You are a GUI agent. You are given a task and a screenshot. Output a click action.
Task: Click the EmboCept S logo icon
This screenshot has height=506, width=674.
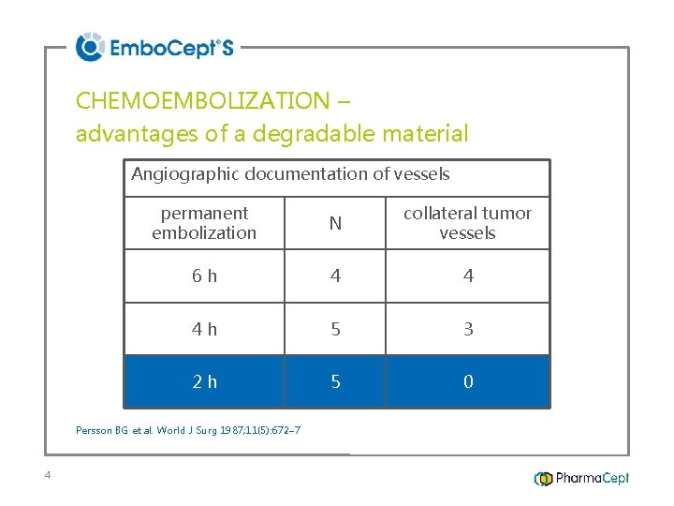tap(90, 47)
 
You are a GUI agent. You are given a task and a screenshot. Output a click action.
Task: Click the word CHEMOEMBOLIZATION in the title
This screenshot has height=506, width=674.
tap(202, 100)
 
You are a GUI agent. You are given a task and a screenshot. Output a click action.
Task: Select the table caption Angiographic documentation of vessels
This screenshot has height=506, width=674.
tap(290, 174)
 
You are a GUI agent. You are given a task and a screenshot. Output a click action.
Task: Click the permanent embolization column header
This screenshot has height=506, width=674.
tap(204, 223)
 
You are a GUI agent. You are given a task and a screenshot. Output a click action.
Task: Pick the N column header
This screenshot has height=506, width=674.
tap(335, 223)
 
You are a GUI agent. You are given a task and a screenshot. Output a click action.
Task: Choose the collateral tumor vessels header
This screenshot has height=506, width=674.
tap(467, 223)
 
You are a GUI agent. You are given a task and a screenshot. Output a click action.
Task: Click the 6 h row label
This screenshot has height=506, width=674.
tap(204, 275)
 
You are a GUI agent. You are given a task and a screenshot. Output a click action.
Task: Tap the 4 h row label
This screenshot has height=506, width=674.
tap(204, 329)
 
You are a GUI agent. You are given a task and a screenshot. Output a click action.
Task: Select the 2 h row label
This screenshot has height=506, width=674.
tap(204, 381)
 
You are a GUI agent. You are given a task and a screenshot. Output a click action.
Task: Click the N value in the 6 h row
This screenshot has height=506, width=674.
tap(335, 275)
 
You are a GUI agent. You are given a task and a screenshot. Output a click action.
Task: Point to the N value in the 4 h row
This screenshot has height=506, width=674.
tap(335, 329)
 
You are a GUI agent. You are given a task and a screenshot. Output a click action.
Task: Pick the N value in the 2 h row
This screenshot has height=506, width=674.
tap(335, 381)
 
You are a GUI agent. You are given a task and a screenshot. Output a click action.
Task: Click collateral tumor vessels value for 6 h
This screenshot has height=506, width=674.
tap(468, 275)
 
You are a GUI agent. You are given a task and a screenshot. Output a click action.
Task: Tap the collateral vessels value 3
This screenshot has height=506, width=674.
tap(468, 329)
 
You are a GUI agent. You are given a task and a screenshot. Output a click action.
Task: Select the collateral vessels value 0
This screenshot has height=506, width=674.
tap(468, 381)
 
